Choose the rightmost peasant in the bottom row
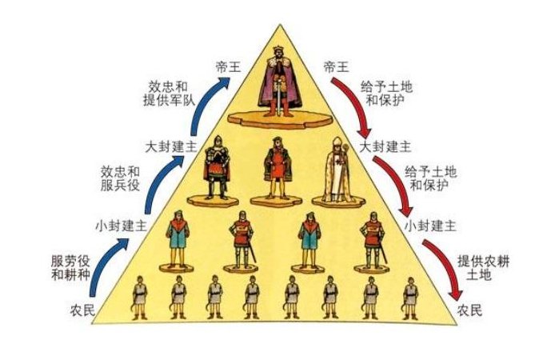tap(409, 297)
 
